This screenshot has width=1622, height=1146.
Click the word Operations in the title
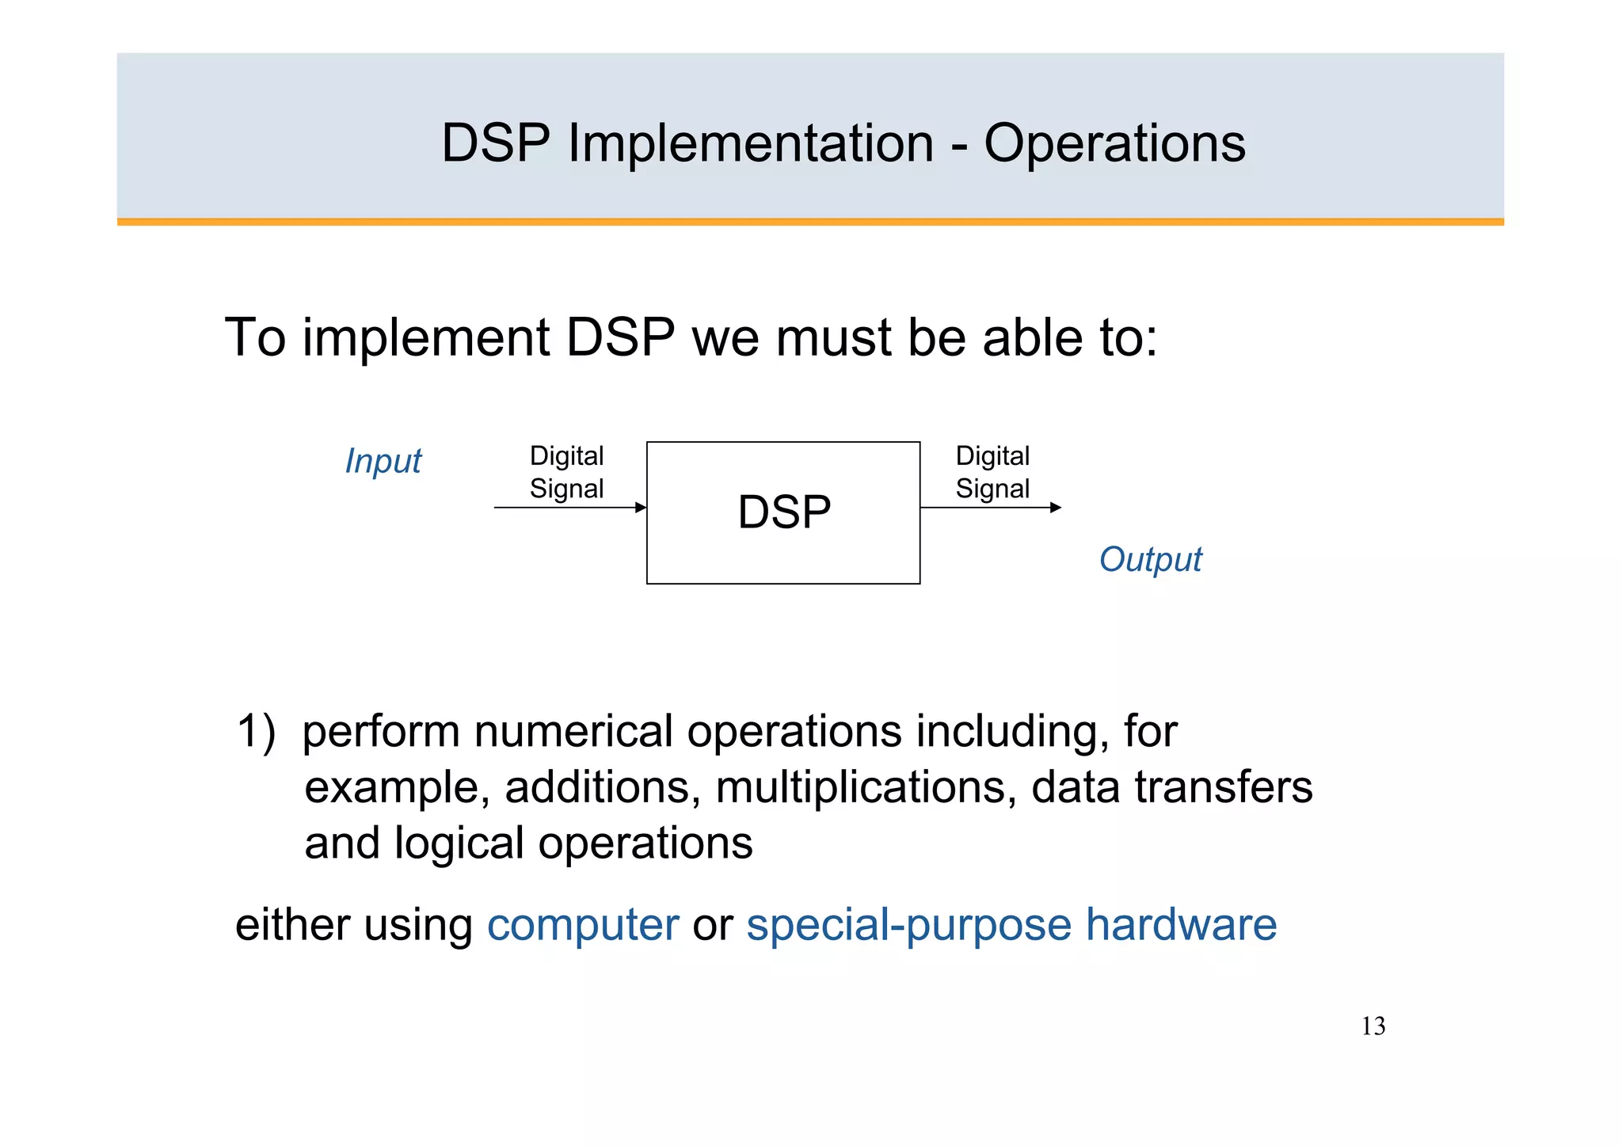click(x=1114, y=144)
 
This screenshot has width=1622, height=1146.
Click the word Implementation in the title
click(x=750, y=144)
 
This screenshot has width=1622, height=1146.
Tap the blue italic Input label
click(x=383, y=461)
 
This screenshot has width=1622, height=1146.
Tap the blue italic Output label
click(x=1150, y=560)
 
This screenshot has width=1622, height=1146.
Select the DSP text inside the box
click(x=784, y=512)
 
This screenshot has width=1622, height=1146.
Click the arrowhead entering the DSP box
click(x=642, y=508)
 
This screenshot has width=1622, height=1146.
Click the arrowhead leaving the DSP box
click(x=1056, y=508)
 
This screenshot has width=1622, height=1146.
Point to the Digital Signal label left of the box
click(x=566, y=472)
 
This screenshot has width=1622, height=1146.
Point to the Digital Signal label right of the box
click(x=992, y=472)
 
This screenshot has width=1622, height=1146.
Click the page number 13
click(x=1373, y=1026)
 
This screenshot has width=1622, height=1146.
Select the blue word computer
click(x=583, y=925)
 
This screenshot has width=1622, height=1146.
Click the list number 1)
click(x=256, y=731)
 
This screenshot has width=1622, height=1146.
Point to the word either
click(x=293, y=925)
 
